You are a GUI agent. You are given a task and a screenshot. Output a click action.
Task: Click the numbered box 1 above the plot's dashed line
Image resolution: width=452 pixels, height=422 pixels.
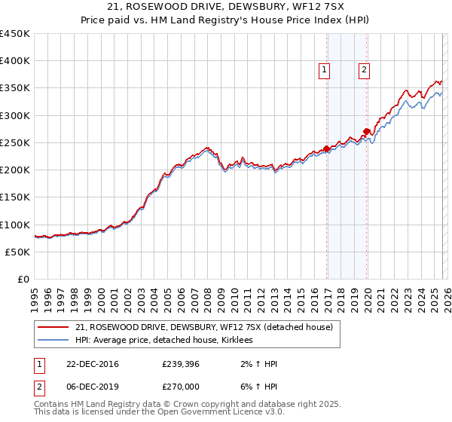tap(325, 70)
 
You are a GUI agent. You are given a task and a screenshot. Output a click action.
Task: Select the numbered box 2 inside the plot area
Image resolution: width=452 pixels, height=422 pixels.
tap(364, 70)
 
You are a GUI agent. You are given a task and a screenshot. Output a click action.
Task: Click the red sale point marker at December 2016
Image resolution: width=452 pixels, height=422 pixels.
tap(326, 148)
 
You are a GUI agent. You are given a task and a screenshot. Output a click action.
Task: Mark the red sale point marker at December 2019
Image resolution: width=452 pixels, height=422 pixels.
tap(366, 132)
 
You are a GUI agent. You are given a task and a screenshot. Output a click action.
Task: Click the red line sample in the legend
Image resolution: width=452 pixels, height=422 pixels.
tap(53, 326)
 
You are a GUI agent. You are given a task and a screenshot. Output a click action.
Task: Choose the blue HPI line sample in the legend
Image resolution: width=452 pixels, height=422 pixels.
tap(53, 340)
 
